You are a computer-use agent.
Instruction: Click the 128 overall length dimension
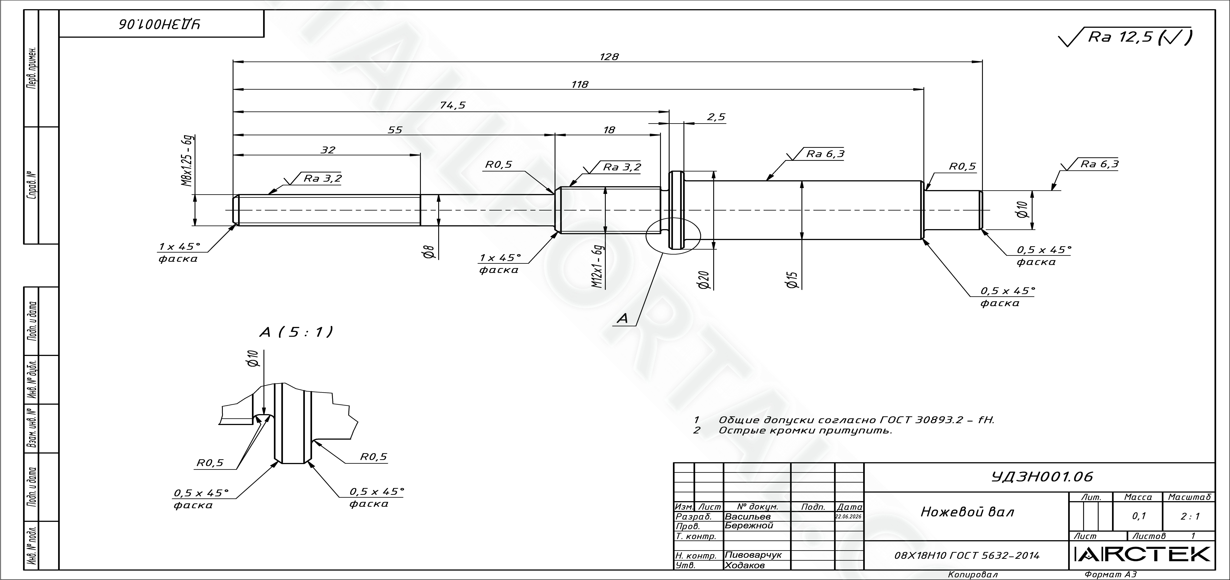click(609, 57)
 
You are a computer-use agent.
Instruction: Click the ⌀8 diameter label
click(429, 252)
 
